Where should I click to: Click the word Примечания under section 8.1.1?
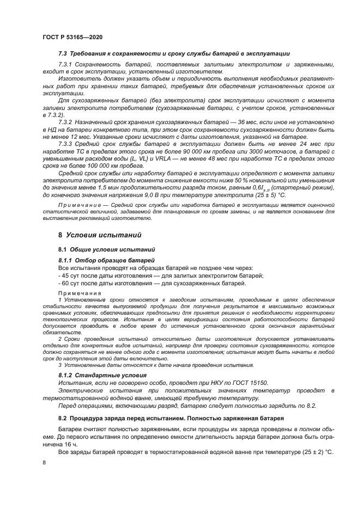[80, 293]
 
